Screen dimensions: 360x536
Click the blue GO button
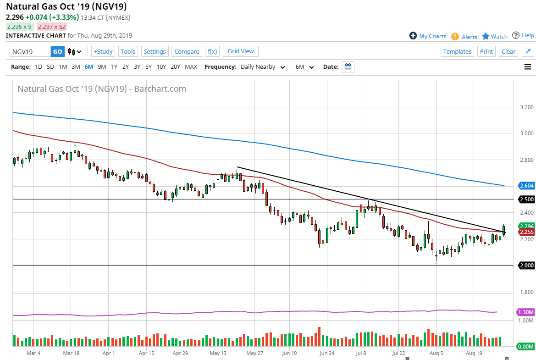(x=57, y=52)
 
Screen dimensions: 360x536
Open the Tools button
(x=128, y=52)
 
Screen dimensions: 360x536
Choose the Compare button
(x=187, y=52)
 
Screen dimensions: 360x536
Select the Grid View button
(x=241, y=51)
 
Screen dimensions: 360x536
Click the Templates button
(x=457, y=52)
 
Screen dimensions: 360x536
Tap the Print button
(x=486, y=52)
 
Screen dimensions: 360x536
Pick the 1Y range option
(x=114, y=67)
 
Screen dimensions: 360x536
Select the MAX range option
(x=191, y=67)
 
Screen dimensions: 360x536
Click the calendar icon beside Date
(x=348, y=67)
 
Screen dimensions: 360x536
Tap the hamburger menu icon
(x=528, y=67)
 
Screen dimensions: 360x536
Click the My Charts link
(x=428, y=36)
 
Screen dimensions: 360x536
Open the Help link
(x=523, y=36)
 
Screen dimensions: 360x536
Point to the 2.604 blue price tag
(x=526, y=186)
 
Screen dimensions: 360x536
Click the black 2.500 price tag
(x=526, y=199)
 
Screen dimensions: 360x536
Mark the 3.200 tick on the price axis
(x=526, y=107)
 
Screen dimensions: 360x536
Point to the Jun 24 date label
(x=326, y=354)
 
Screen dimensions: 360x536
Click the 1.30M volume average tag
(x=526, y=312)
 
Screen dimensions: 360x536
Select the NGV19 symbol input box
(x=30, y=52)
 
